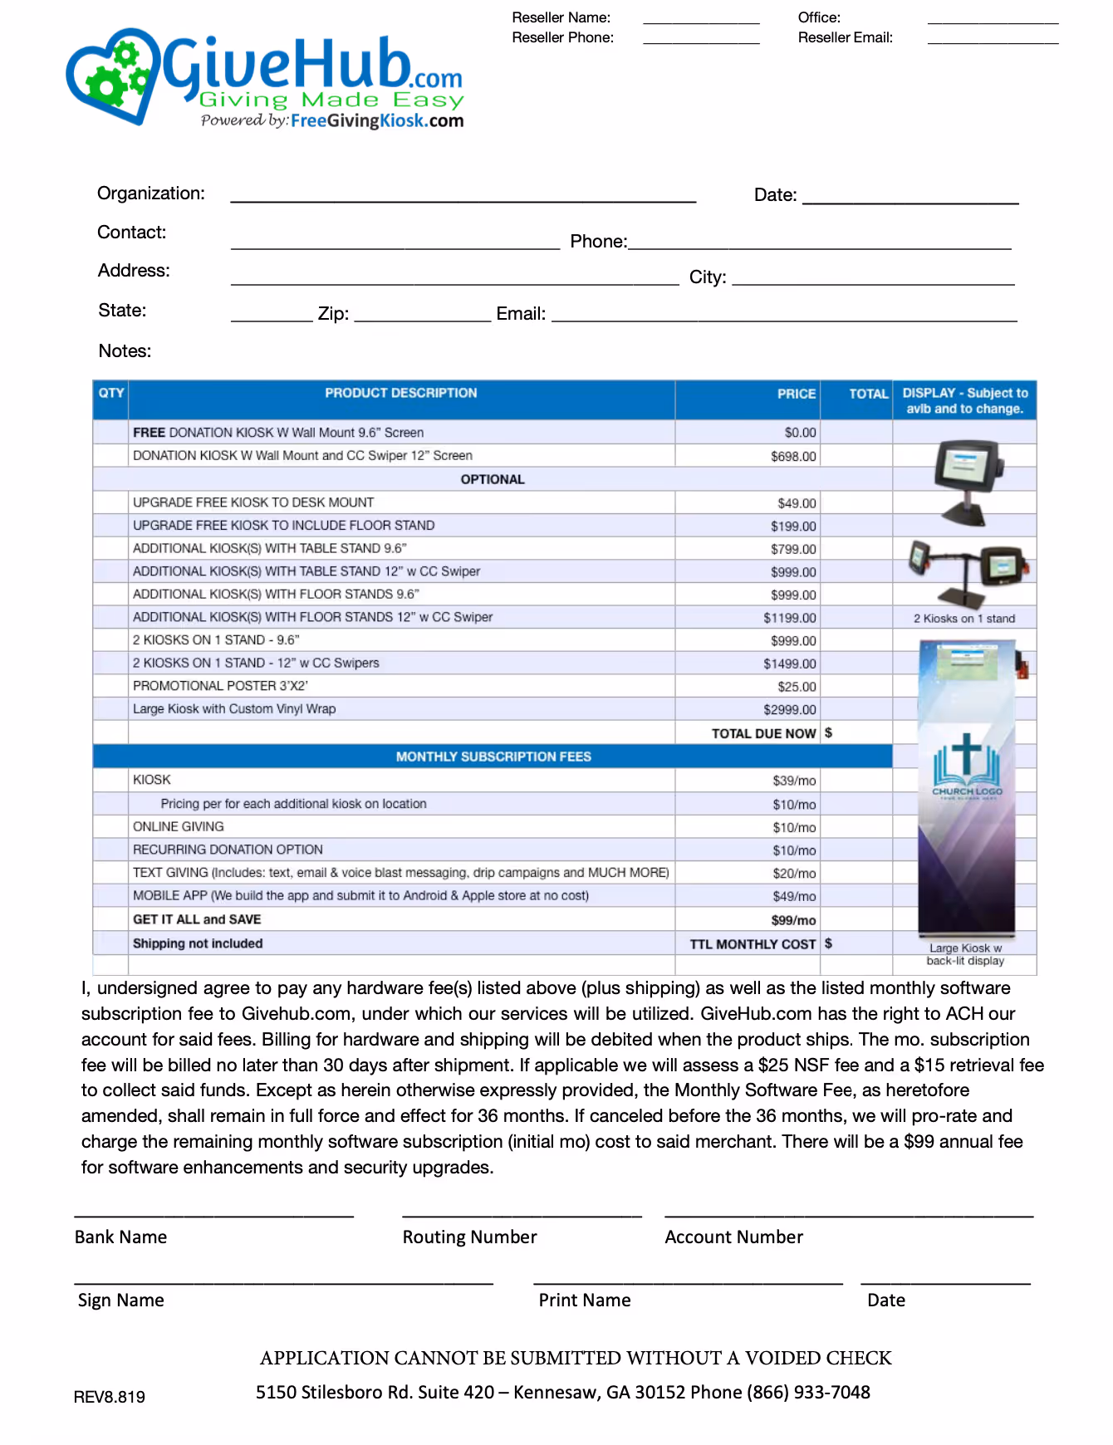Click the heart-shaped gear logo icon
112,76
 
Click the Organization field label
150,193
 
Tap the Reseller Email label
845,37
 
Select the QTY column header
110,393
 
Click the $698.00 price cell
793,456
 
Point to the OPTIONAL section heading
493,479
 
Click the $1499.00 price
790,664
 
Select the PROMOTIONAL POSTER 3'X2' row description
220,686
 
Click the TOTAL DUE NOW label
763,733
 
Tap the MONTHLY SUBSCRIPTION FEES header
493,757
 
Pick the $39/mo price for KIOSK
794,781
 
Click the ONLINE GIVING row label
179,826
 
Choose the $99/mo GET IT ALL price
793,920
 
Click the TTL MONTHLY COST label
753,944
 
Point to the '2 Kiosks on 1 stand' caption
964,619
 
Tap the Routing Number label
469,1237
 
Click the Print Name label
584,1300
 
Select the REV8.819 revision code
110,1397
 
